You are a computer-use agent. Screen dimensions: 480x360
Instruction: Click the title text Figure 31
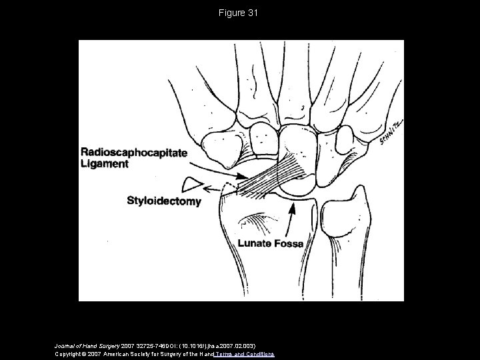coord(240,13)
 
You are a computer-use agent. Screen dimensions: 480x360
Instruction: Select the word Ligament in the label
coord(105,163)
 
